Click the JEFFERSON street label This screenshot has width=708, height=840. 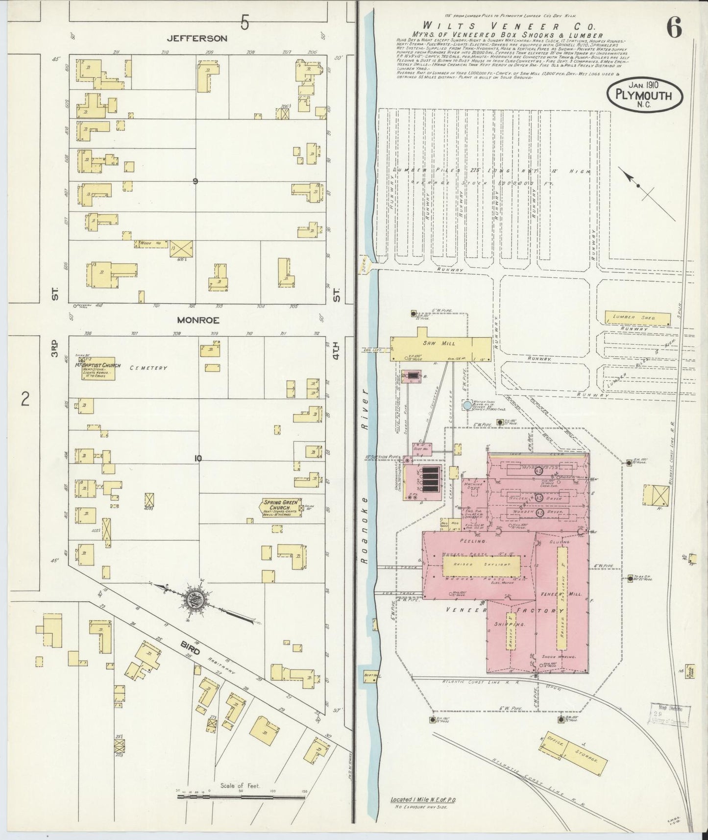(x=197, y=38)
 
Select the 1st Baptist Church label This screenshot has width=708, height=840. (x=101, y=365)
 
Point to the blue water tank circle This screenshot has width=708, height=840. (x=467, y=406)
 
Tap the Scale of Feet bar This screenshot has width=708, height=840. (x=240, y=797)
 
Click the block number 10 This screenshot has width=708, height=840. (x=198, y=459)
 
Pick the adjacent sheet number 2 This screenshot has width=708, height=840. (x=25, y=399)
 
